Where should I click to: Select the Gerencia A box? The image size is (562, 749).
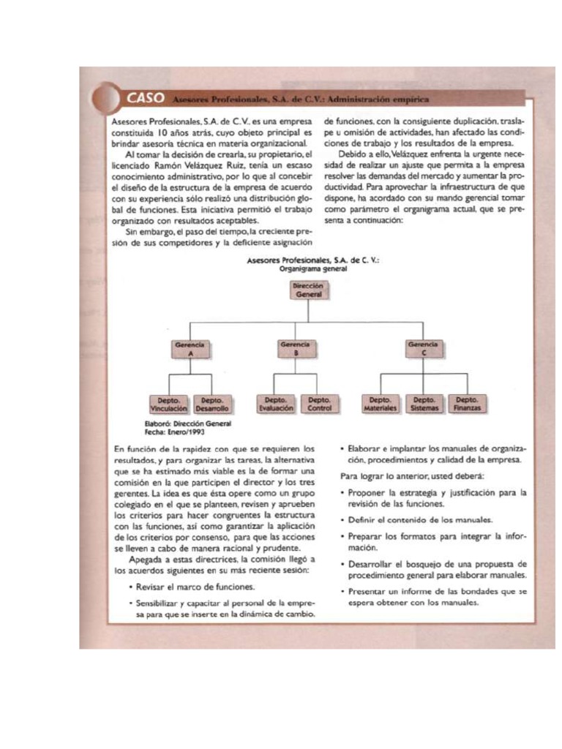190,347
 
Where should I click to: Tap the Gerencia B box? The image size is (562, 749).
294,347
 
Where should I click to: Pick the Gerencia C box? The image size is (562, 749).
423,347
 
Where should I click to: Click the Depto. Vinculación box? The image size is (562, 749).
169,404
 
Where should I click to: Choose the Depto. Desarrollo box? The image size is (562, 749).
212,404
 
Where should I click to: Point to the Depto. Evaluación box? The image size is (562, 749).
276,404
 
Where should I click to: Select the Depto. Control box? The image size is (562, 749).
320,404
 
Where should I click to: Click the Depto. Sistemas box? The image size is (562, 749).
425,404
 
